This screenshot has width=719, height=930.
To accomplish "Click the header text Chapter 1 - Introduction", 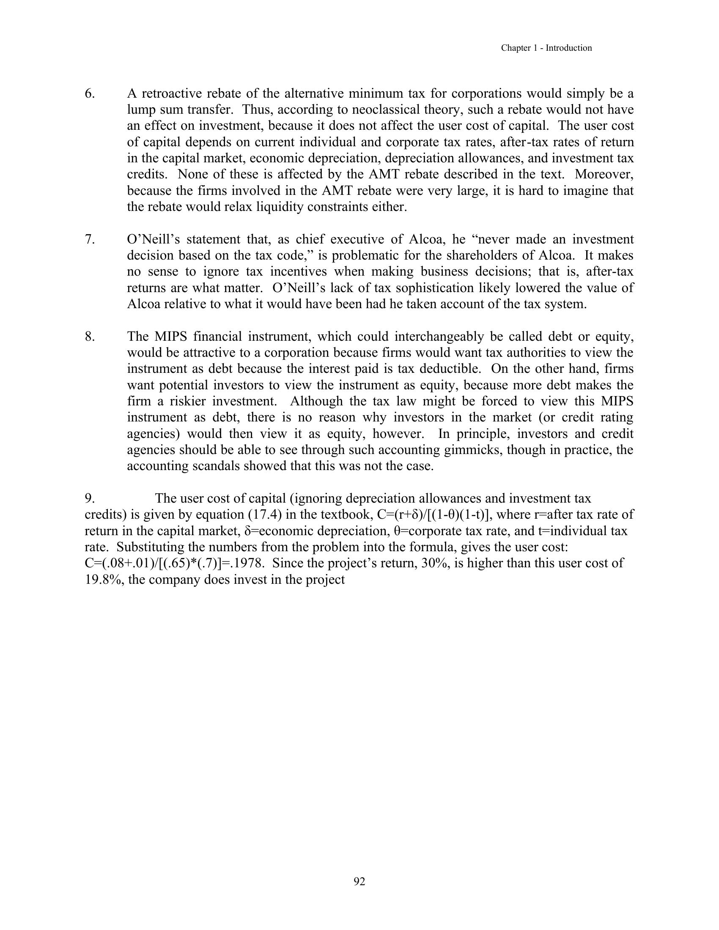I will pyautogui.click(x=546, y=48).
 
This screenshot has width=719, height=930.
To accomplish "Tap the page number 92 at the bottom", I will pyautogui.click(x=359, y=881).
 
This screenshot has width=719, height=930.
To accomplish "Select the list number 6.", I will pyautogui.click(x=89, y=93).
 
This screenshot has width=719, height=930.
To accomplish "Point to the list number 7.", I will pyautogui.click(x=89, y=239).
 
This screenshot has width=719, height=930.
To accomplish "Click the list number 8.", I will pyautogui.click(x=89, y=336).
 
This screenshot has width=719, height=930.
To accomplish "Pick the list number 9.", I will pyautogui.click(x=89, y=498).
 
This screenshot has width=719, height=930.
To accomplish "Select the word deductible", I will pyautogui.click(x=453, y=369).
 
